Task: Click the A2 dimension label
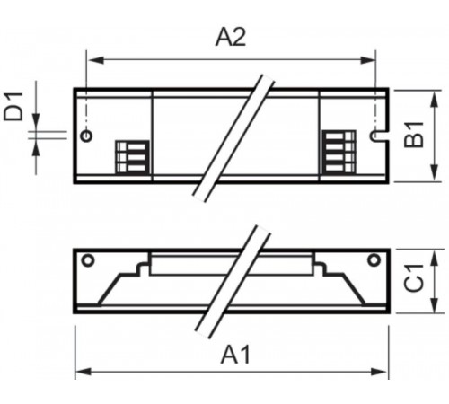click(x=231, y=38)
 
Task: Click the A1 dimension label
click(x=235, y=355)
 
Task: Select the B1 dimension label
click(x=414, y=135)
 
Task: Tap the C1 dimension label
click(x=414, y=278)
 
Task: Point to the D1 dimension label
click(x=13, y=107)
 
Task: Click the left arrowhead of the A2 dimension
click(x=96, y=60)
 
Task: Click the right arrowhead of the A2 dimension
click(x=367, y=60)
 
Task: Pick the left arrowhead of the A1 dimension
click(x=84, y=372)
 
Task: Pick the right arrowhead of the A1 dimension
click(x=379, y=372)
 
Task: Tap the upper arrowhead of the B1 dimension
click(x=435, y=100)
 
